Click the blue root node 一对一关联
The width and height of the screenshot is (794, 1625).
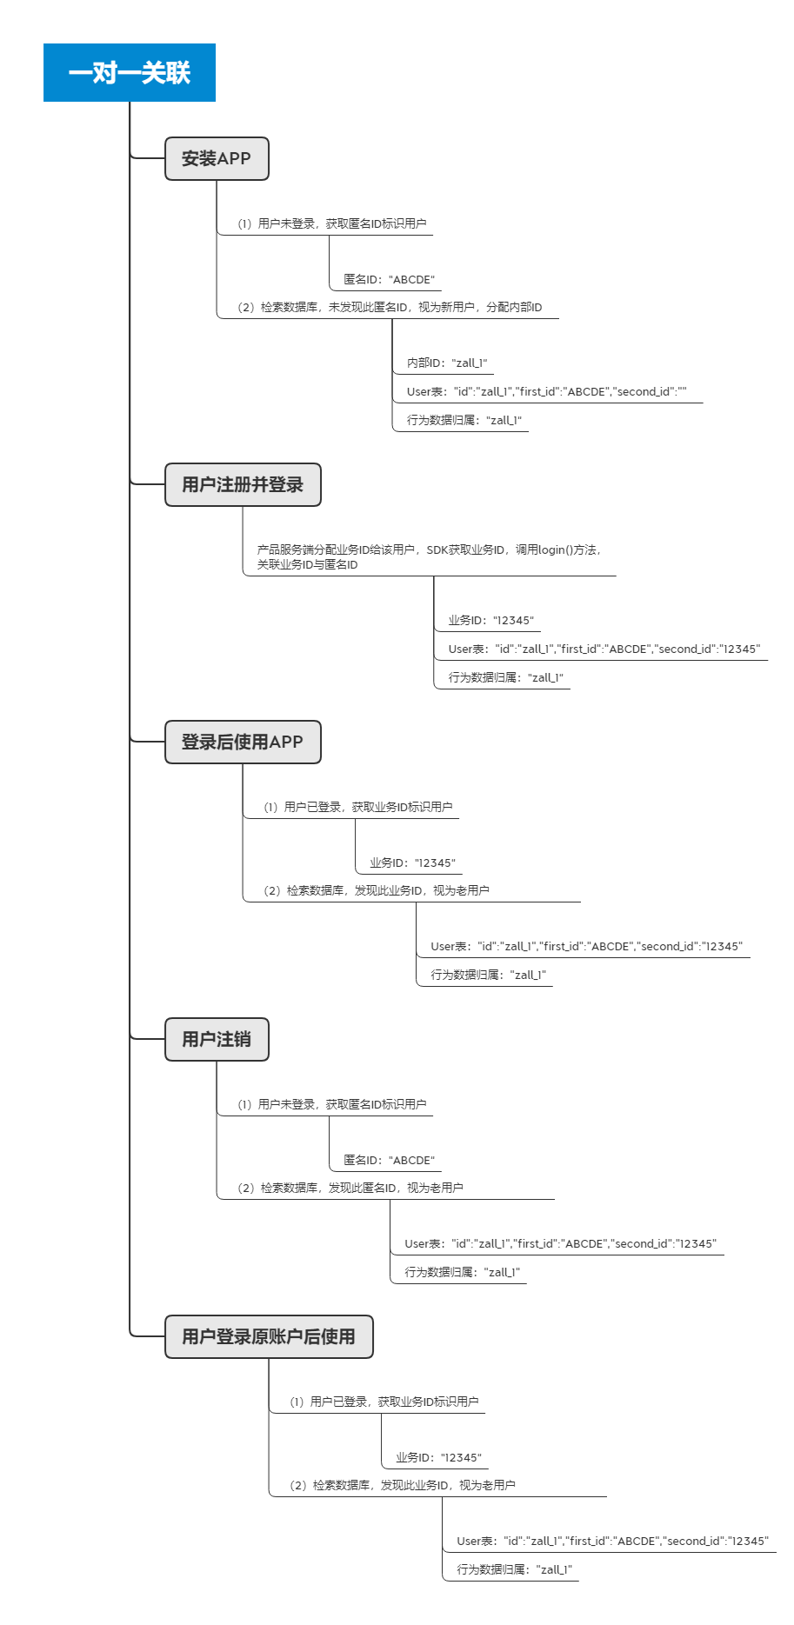[x=130, y=72]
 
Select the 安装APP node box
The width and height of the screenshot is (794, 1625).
[x=217, y=158]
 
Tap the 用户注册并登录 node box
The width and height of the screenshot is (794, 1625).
[x=243, y=484]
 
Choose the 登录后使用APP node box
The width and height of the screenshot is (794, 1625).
[x=243, y=742]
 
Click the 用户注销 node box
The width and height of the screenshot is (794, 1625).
[x=217, y=1039]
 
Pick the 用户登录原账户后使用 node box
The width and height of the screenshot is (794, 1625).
[x=269, y=1336]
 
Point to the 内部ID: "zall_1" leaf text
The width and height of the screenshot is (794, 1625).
[x=447, y=363]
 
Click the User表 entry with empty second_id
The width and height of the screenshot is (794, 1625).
[x=547, y=392]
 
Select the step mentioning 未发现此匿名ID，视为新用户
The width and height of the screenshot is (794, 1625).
[x=389, y=308]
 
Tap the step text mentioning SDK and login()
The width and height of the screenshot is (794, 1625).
[x=430, y=556]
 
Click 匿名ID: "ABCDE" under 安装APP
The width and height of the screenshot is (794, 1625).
[x=389, y=280]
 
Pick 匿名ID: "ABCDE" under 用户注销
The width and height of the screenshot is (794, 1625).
[x=389, y=1161]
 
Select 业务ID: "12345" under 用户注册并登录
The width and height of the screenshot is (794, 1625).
[x=491, y=621]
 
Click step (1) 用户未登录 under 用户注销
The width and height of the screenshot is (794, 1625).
[x=331, y=1105]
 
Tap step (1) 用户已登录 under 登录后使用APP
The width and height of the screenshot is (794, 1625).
[x=357, y=808]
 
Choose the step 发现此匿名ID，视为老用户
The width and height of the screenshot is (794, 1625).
[x=350, y=1189]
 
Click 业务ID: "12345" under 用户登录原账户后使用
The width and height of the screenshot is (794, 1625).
[x=438, y=1458]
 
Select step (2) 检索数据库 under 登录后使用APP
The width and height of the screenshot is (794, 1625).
[x=376, y=891]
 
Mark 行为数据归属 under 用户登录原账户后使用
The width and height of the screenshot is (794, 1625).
[x=515, y=1570]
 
